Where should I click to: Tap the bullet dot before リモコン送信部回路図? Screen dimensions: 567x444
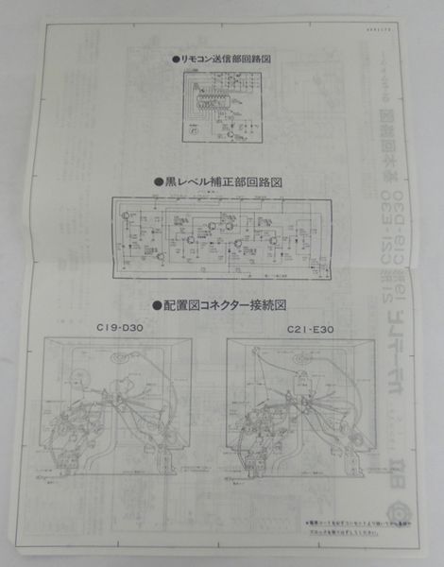[175, 59]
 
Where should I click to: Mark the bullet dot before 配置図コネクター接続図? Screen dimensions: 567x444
[156, 305]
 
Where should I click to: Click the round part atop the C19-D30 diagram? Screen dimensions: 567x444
[120, 356]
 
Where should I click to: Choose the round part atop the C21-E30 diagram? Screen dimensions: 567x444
[304, 357]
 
